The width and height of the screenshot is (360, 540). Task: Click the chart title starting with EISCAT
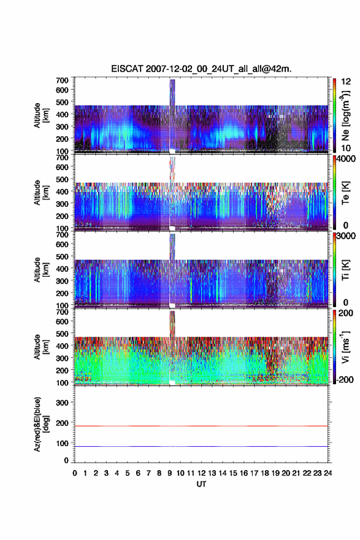(201, 69)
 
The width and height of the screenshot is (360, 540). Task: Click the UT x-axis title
(201, 484)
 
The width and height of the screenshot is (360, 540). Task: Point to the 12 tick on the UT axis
(201, 473)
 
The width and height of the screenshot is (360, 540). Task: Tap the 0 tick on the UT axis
(75, 473)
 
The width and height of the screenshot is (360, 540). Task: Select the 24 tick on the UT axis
(328, 473)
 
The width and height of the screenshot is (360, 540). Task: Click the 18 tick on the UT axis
(265, 473)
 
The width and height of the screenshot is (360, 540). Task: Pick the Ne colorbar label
(345, 115)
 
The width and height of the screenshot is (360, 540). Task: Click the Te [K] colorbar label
(345, 193)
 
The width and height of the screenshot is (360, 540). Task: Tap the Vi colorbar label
(345, 347)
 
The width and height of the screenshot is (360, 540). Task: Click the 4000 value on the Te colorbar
(345, 159)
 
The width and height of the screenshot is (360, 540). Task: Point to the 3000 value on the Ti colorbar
(345, 236)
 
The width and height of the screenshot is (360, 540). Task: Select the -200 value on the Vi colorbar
(343, 380)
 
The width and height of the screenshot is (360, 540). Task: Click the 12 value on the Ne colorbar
(347, 82)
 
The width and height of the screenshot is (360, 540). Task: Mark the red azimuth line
(201, 426)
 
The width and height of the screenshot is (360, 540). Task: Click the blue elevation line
(201, 446)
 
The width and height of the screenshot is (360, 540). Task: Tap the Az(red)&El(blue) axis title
(41, 424)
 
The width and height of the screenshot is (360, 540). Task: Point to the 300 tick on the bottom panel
(63, 403)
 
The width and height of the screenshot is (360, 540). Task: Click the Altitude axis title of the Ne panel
(41, 115)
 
